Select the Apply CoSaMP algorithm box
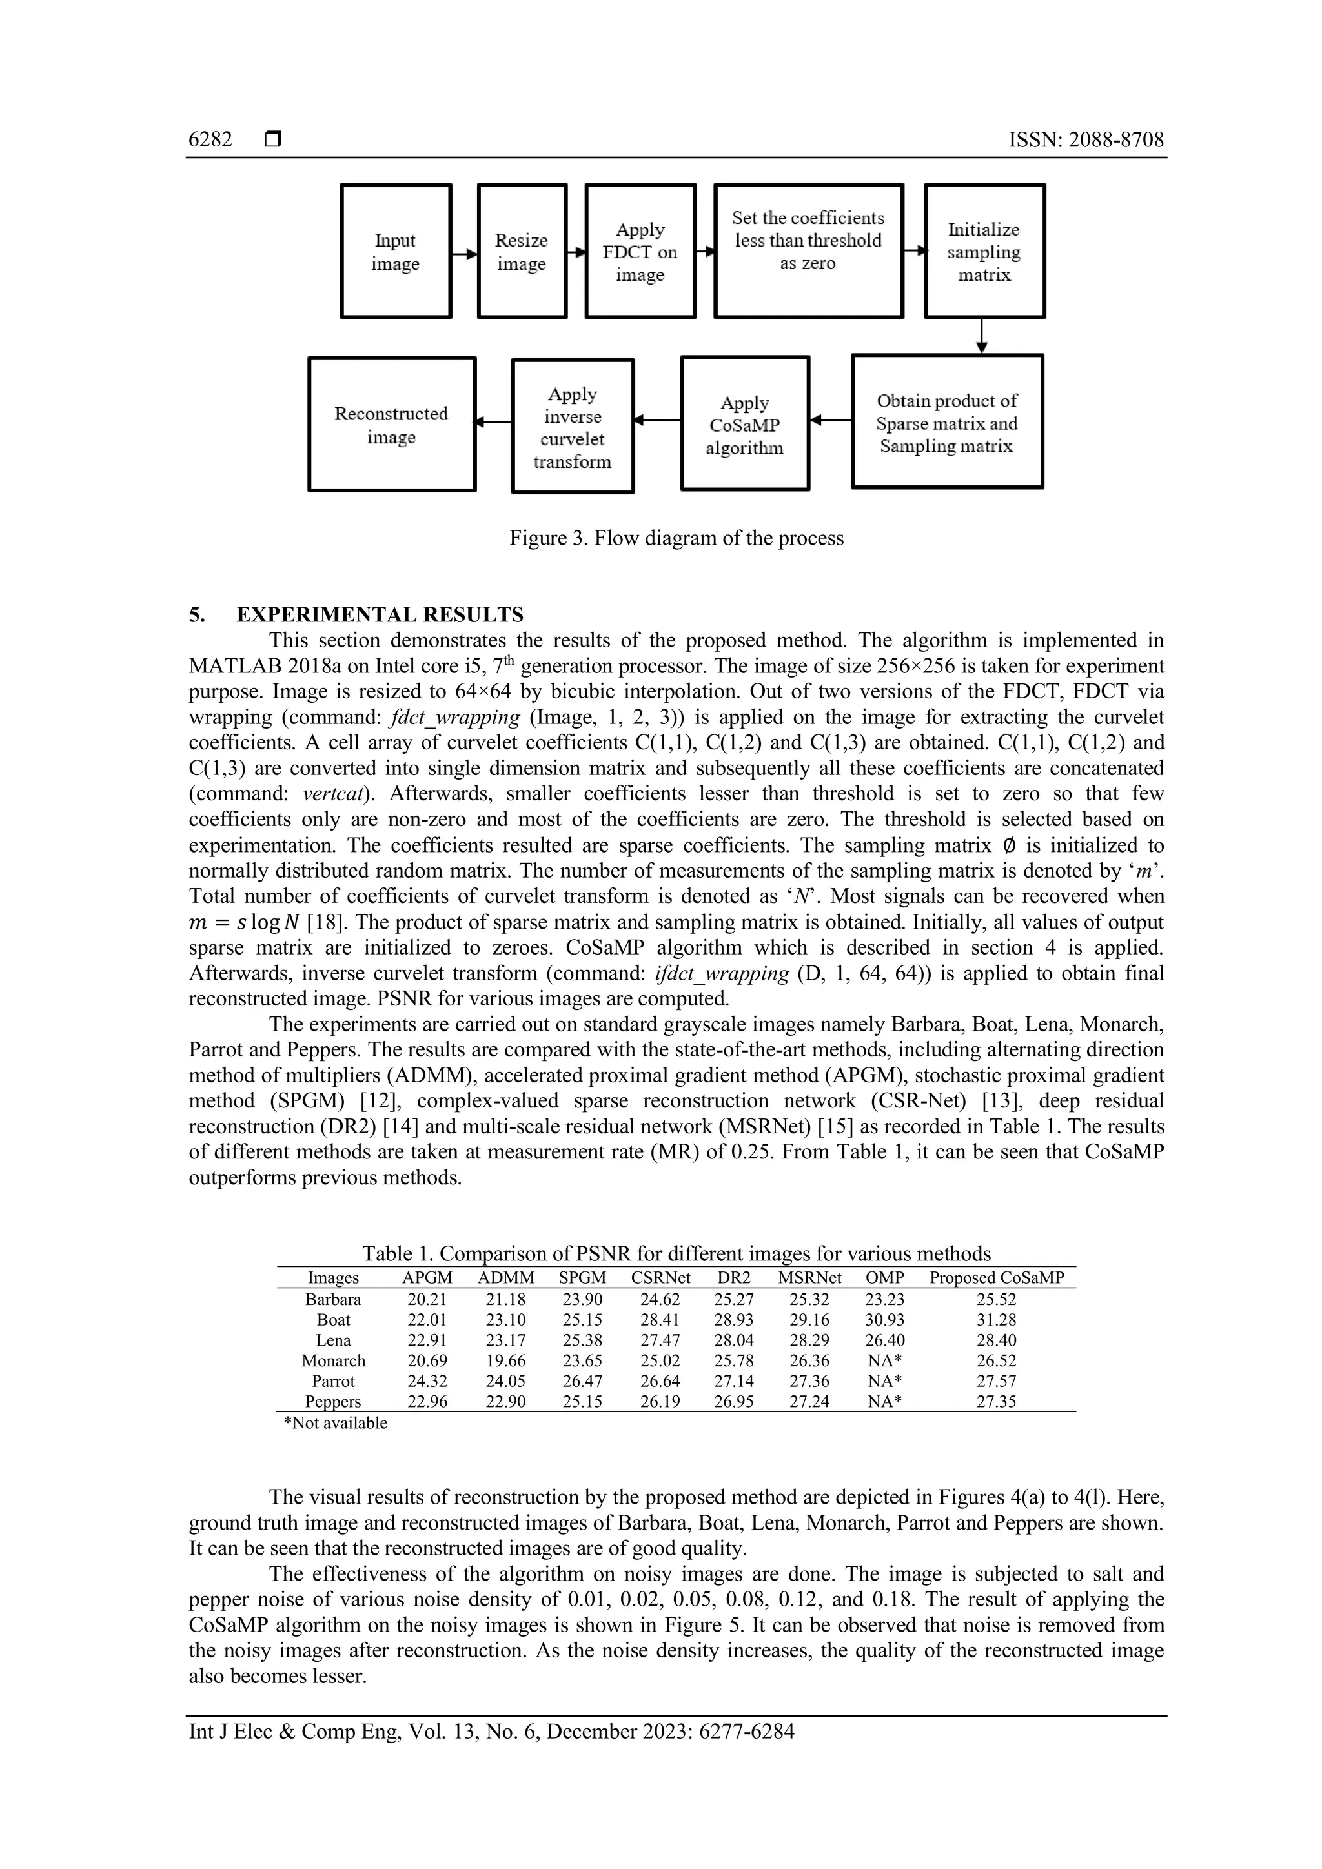pos(745,423)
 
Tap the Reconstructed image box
pos(392,424)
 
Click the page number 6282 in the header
pos(210,140)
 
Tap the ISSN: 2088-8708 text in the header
pos(1086,140)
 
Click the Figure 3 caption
pos(676,538)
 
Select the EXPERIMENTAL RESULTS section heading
pos(380,614)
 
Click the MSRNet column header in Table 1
pos(809,1278)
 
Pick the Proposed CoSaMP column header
pos(997,1278)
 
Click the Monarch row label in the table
pos(334,1361)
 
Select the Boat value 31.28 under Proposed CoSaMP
pos(997,1320)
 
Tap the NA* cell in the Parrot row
pos(885,1381)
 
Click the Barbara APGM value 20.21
pos(427,1300)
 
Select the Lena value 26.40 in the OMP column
pos(885,1340)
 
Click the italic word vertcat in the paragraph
pos(332,794)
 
